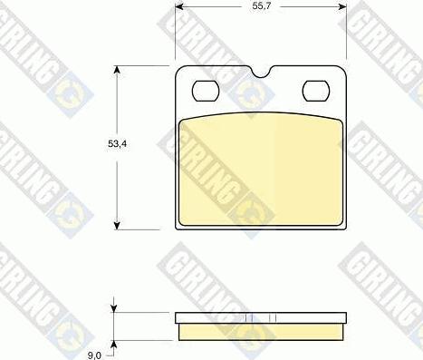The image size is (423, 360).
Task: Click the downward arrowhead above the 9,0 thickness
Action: click(x=114, y=309)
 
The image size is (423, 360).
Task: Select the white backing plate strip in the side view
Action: click(x=261, y=318)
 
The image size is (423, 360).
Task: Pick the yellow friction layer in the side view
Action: click(x=261, y=332)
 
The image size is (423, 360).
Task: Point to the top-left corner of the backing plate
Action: click(x=178, y=70)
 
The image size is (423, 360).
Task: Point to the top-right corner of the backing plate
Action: click(x=345, y=70)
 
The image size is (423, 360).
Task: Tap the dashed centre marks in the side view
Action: click(x=261, y=318)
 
